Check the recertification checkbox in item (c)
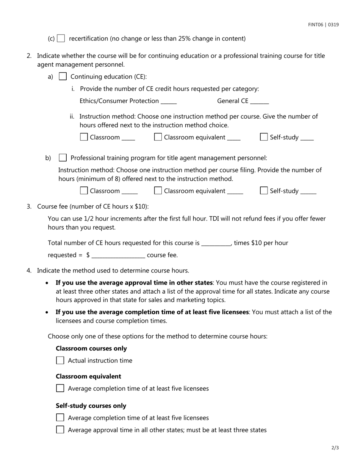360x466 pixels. [61, 39]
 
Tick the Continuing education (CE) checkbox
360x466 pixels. [63, 77]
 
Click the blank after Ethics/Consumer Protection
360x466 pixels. [169, 102]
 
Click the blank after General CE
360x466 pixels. [260, 102]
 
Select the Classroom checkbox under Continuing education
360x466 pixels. [84, 137]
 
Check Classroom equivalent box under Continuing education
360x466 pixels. [158, 137]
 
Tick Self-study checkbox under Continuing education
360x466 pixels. [264, 137]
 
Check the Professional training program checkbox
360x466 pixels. [63, 158]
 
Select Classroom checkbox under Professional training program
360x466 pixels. [84, 191]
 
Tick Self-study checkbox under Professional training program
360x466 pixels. [264, 191]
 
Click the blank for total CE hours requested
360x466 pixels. [216, 244]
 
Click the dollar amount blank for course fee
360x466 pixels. [118, 256]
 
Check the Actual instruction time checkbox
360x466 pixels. [60, 361]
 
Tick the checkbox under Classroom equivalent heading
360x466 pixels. [60, 388]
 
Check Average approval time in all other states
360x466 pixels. [60, 430]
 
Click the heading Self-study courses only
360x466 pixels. [91, 406]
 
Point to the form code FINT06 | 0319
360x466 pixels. [323, 25]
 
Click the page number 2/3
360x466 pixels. [335, 448]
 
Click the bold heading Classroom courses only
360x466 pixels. [91, 349]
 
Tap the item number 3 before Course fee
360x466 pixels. [29, 206]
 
